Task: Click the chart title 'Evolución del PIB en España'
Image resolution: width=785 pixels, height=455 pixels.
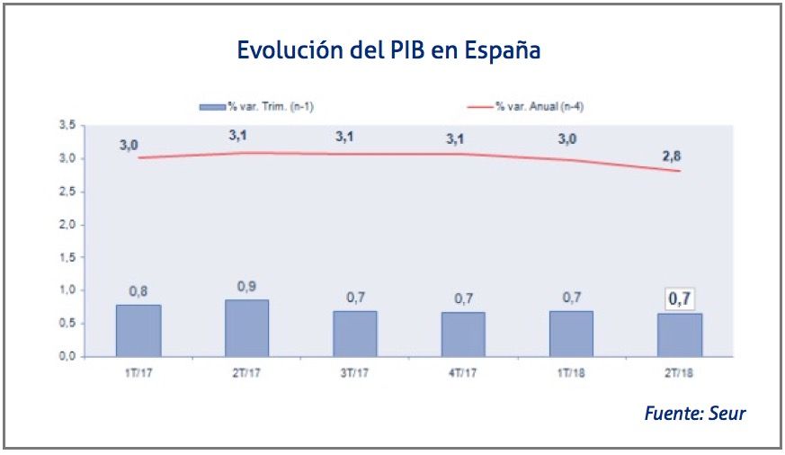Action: (x=388, y=50)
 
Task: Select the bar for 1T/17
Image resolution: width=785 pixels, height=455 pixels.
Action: (x=138, y=330)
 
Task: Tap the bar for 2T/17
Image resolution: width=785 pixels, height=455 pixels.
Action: (x=246, y=327)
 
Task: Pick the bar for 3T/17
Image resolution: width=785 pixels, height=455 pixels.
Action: (x=354, y=334)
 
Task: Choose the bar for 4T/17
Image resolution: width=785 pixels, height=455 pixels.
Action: (x=463, y=334)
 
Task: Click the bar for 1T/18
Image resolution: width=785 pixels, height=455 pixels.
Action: (x=571, y=334)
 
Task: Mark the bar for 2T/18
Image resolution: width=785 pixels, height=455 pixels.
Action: (x=680, y=335)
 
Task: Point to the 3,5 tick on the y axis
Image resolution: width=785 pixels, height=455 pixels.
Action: (x=67, y=126)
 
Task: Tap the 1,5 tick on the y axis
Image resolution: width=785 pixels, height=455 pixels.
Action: (x=67, y=258)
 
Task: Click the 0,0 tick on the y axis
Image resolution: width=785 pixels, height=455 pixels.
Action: (x=67, y=357)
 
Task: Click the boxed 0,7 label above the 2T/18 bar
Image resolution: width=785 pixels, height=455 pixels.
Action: (x=680, y=298)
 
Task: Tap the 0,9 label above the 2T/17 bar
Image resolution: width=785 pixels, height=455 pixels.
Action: (x=246, y=286)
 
